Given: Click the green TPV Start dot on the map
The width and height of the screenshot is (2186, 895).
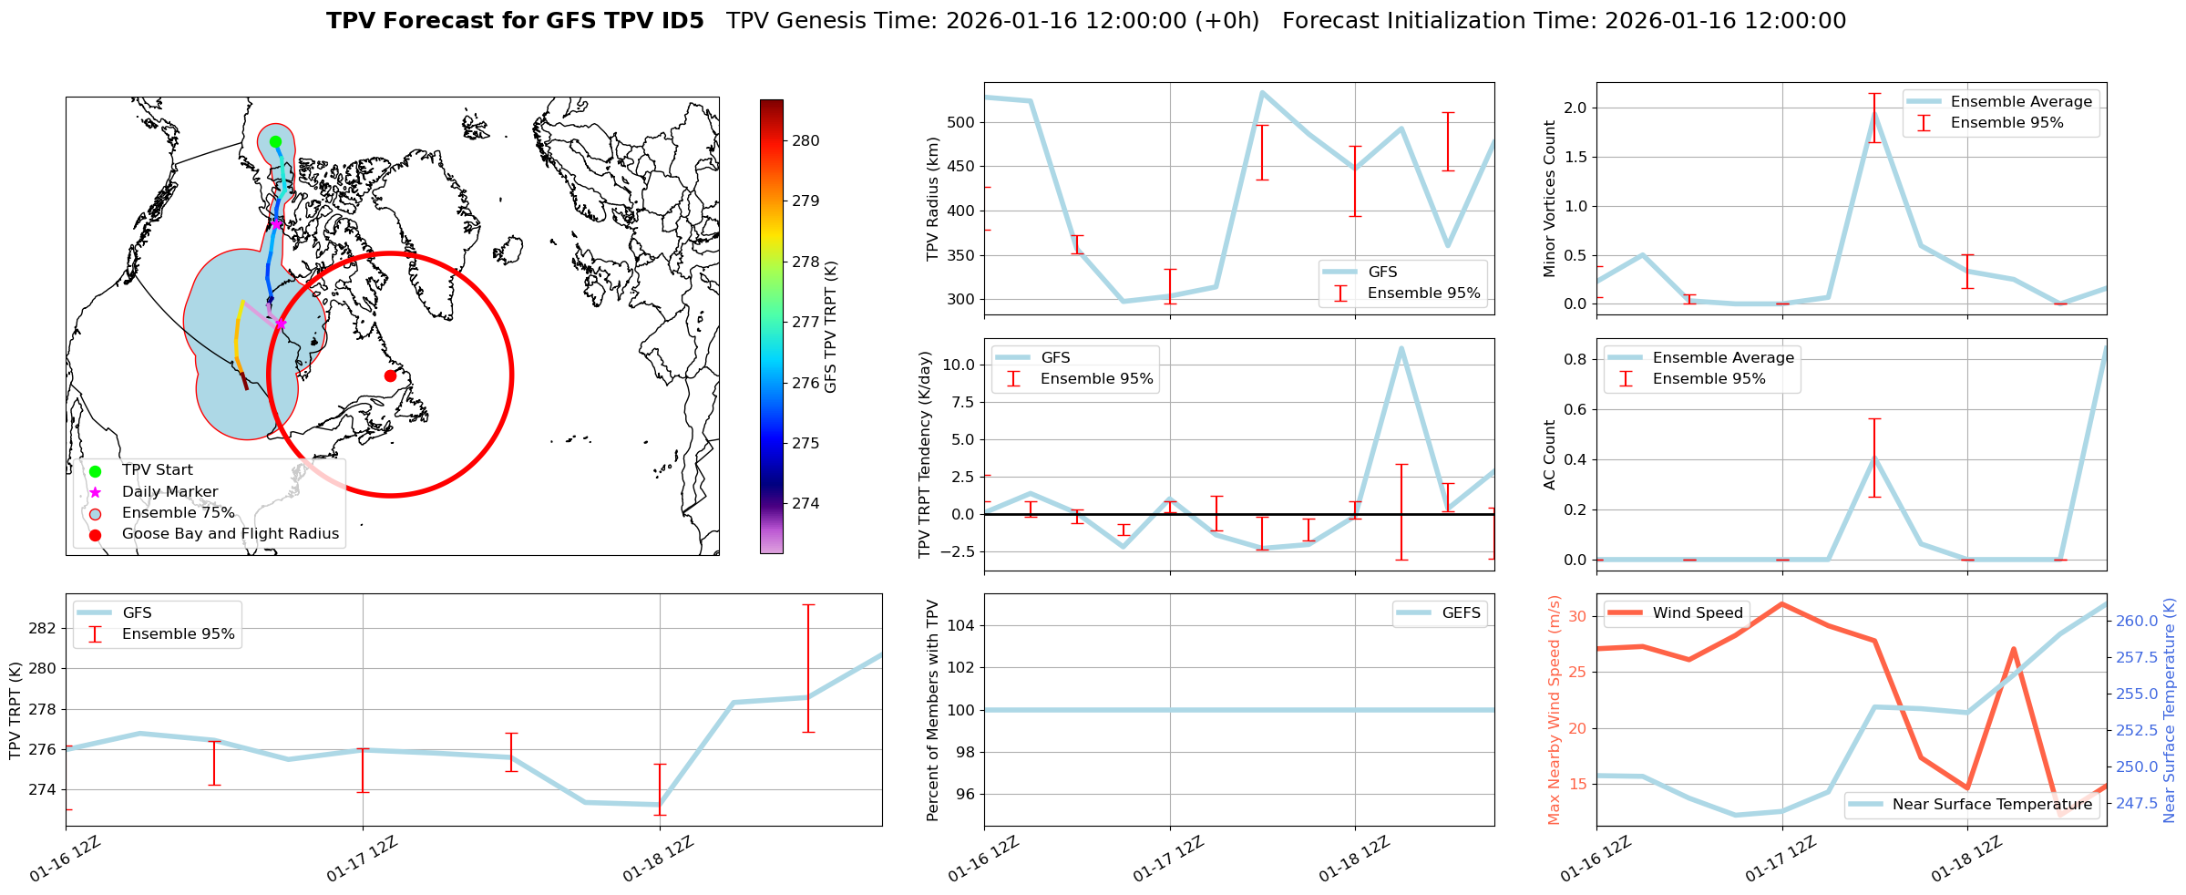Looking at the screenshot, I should (x=275, y=141).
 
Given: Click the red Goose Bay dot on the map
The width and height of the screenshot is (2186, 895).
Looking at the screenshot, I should (x=390, y=375).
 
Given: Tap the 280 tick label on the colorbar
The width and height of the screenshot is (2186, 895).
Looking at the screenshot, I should (x=806, y=140).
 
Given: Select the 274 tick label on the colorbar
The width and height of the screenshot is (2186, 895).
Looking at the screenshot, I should (x=806, y=503).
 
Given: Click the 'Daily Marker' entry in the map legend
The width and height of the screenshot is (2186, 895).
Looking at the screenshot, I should (x=169, y=492).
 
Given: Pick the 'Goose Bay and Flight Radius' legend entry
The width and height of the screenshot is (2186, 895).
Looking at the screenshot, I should (x=230, y=534).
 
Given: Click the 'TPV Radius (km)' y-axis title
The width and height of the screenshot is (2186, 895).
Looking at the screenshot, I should (x=932, y=199).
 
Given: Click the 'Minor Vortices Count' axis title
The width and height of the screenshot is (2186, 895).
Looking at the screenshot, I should (x=1550, y=199).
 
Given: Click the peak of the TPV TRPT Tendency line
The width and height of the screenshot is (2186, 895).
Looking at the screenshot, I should (x=1401, y=347).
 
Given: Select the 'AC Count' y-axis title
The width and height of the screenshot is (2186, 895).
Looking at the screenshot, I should (x=1550, y=455).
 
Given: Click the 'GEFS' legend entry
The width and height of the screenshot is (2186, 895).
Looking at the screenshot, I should (x=1461, y=613).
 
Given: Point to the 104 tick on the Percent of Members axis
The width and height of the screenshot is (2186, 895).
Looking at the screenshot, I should (x=963, y=625).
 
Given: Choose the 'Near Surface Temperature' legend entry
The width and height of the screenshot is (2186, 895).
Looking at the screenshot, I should (x=1992, y=805).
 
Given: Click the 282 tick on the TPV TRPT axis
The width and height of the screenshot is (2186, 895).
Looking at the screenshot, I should (x=43, y=628).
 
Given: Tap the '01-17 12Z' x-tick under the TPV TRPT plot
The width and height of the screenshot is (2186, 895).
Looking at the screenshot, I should (x=362, y=859).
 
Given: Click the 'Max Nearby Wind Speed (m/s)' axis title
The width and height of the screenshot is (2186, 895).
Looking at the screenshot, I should (x=1555, y=710).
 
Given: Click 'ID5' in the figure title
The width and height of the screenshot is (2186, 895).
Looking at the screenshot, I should (x=678, y=21).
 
